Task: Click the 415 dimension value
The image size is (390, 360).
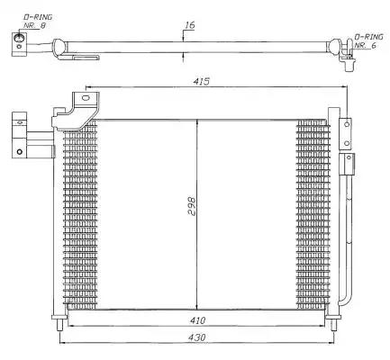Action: (x=201, y=81)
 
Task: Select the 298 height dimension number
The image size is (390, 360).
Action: (x=192, y=206)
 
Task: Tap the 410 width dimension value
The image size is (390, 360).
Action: (x=197, y=320)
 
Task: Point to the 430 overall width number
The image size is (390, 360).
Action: (x=197, y=337)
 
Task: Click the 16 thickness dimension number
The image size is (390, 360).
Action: (x=189, y=25)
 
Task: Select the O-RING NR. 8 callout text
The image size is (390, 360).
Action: (x=38, y=22)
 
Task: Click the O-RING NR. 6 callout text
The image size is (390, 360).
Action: (x=369, y=41)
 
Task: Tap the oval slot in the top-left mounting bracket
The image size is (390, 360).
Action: (x=86, y=97)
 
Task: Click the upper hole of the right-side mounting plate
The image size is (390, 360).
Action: (x=347, y=124)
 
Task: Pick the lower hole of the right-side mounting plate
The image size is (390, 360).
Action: (x=347, y=143)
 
